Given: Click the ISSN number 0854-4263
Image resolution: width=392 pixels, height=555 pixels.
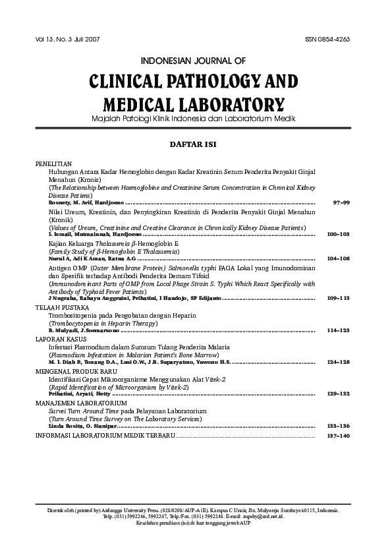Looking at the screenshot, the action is (327, 39).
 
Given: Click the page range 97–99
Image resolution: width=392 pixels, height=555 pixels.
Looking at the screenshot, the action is (341, 202).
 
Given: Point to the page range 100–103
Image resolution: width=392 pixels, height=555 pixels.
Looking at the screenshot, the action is (339, 235).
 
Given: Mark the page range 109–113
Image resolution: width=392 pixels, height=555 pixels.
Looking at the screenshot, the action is (339, 298).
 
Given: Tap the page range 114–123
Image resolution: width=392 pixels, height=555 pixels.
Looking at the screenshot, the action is (339, 330).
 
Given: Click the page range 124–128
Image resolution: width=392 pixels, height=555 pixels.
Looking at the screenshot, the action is (339, 362).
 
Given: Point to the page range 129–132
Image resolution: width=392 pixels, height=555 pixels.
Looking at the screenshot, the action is (339, 394).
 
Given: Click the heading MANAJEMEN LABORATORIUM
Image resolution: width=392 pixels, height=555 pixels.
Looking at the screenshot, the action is (81, 403).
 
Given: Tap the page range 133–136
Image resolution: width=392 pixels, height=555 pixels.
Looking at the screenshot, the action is (339, 426).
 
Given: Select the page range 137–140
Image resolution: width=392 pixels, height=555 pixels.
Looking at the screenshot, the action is (339, 436).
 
